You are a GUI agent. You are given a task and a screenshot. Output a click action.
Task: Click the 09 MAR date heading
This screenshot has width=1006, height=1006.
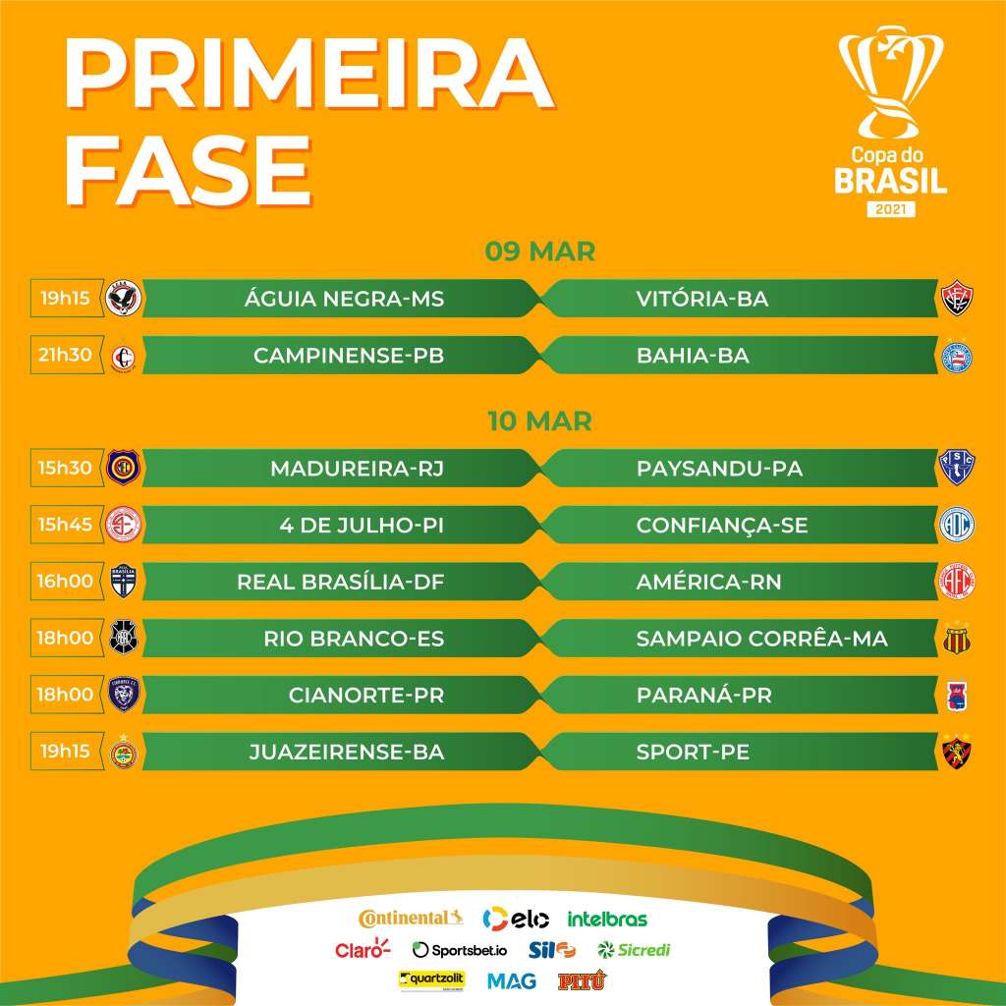pyautogui.click(x=540, y=251)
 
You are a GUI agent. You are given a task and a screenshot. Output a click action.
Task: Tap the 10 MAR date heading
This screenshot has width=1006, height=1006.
pyautogui.click(x=540, y=421)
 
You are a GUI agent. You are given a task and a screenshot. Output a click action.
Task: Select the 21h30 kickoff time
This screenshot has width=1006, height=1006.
pyautogui.click(x=67, y=356)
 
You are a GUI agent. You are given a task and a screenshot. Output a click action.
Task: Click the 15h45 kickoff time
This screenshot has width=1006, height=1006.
pyautogui.click(x=67, y=525)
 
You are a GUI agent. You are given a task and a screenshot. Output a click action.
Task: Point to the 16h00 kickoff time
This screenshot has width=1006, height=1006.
pyautogui.click(x=67, y=581)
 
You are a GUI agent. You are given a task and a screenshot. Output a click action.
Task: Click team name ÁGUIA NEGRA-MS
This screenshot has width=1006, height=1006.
pyautogui.click(x=345, y=299)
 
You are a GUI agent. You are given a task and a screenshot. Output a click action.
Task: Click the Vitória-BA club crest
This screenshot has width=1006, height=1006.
pyautogui.click(x=956, y=299)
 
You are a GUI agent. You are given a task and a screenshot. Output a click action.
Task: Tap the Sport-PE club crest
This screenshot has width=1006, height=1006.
pyautogui.click(x=956, y=753)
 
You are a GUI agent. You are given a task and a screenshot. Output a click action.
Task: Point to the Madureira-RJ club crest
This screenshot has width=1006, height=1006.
pyautogui.click(x=124, y=469)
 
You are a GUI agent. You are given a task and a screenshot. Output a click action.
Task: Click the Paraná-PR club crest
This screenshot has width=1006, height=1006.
pyautogui.click(x=956, y=695)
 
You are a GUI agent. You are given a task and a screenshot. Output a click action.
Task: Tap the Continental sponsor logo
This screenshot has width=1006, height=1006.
pyautogui.click(x=411, y=919)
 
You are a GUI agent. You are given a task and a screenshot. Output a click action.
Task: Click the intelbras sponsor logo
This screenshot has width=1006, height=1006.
pyautogui.click(x=607, y=920)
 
